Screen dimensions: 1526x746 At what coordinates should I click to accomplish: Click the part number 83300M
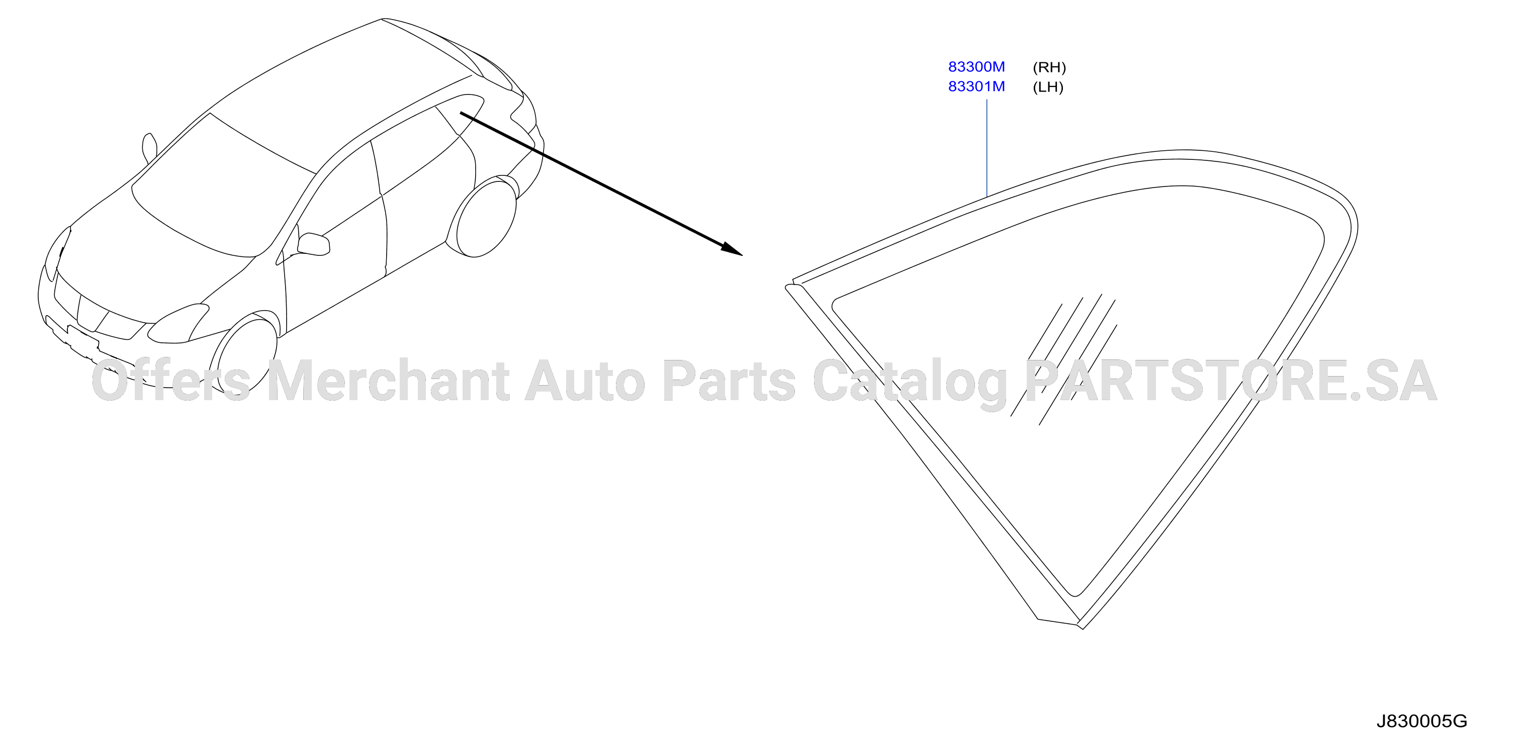point(976,67)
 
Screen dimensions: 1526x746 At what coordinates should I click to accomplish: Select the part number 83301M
point(976,86)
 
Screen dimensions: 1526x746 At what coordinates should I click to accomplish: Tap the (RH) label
point(1049,67)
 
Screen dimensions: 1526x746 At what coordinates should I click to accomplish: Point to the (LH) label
point(1048,87)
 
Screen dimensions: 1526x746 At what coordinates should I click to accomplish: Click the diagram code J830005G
point(1421,721)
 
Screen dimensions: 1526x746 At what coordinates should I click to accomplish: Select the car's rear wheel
point(481,217)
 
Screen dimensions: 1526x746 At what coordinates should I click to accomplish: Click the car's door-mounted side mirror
point(313,244)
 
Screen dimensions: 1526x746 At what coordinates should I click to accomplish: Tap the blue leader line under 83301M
point(987,147)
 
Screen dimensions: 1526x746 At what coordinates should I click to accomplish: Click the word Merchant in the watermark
point(389,380)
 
